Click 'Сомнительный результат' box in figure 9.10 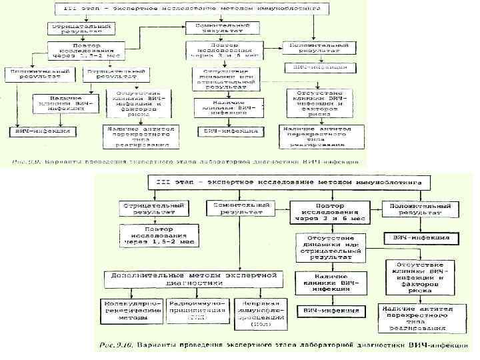tap(237, 208)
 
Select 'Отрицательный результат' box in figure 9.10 tap(153, 208)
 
